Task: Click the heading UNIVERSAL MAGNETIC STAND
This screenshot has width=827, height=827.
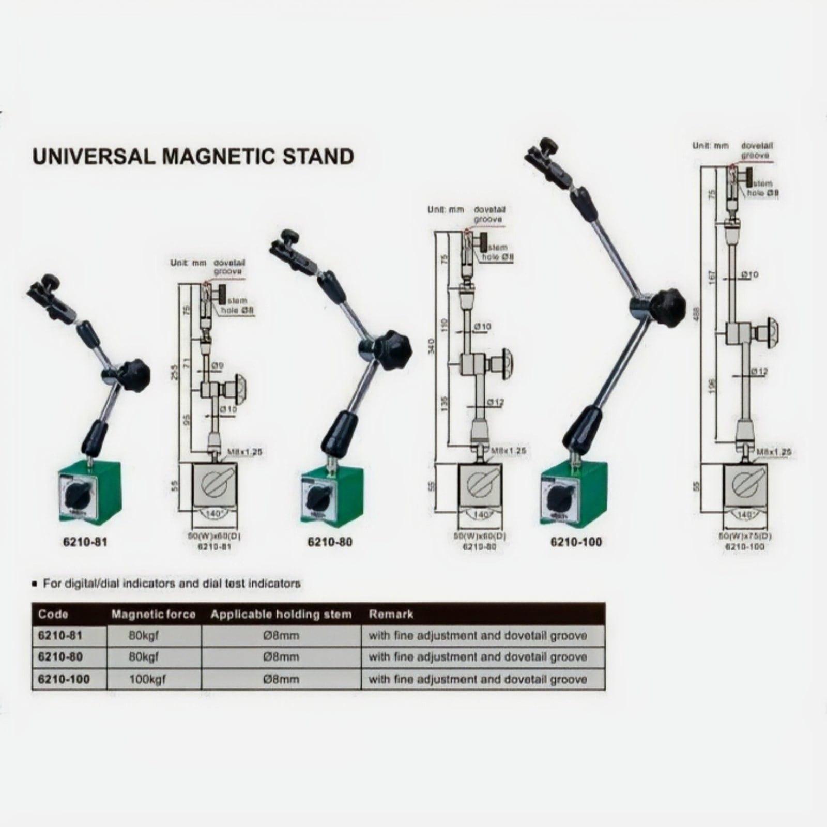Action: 193,156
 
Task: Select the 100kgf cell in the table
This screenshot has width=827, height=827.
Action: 147,679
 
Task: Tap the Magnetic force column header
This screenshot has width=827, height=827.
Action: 154,615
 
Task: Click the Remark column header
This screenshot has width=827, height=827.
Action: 391,615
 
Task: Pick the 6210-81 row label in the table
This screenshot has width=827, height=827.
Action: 60,635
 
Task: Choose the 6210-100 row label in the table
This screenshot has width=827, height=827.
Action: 64,679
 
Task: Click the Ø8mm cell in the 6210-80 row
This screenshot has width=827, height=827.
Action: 281,657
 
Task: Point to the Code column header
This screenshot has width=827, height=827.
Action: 53,615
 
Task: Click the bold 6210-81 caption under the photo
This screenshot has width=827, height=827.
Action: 85,542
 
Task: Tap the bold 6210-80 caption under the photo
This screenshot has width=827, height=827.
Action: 330,542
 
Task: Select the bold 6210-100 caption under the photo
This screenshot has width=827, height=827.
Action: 576,542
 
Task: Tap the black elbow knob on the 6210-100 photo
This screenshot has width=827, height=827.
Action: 667,308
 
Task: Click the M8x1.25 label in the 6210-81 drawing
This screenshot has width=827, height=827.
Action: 244,452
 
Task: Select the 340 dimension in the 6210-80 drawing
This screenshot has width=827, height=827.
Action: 432,345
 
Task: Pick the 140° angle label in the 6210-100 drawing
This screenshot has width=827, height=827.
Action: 744,515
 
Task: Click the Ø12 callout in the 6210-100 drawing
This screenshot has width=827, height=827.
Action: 759,371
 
